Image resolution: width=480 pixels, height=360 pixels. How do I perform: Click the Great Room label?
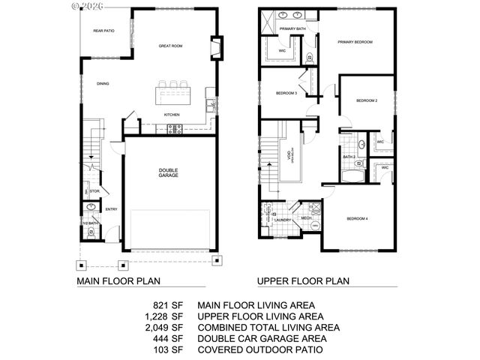click(170, 46)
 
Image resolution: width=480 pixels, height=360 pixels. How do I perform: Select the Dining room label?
click(102, 84)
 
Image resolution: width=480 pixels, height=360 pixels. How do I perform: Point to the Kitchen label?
click(172, 115)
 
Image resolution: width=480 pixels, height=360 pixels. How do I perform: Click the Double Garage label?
click(167, 173)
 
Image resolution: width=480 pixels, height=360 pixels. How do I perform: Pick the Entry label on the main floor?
click(111, 209)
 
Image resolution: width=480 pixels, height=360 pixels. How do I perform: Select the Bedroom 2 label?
click(365, 100)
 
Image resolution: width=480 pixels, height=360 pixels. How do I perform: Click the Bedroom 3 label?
click(286, 93)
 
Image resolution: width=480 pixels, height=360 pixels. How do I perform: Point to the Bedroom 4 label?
click(357, 219)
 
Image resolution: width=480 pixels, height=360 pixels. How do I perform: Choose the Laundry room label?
click(282, 220)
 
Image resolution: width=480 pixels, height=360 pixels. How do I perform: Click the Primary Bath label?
click(292, 28)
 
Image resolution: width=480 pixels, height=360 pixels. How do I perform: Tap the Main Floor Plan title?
click(119, 282)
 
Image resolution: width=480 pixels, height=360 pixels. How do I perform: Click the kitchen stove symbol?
click(174, 128)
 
